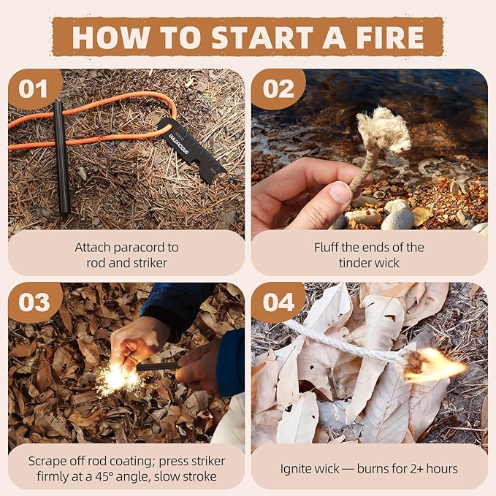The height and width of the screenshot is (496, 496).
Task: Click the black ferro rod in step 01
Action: point(61,157)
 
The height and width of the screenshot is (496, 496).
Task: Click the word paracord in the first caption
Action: point(152,248)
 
